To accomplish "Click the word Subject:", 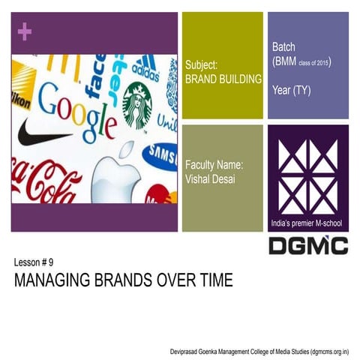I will [x=201, y=66].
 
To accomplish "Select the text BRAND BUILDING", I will [x=223, y=78].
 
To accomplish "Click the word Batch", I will [x=284, y=47].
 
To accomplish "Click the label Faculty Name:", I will [x=214, y=164].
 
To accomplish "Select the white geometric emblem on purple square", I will [x=307, y=173].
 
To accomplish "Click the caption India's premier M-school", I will [x=307, y=224].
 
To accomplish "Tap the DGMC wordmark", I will [x=307, y=245].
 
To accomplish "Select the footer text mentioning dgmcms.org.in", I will [x=265, y=351].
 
